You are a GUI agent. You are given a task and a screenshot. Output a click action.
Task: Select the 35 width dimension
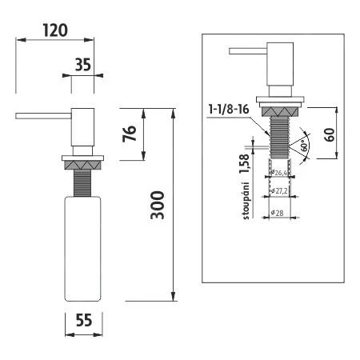[82, 66]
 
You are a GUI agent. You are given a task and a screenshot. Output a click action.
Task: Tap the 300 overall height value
[159, 206]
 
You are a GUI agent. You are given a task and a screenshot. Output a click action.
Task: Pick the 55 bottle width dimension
[84, 319]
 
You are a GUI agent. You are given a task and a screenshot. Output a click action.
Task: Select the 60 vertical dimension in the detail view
[329, 133]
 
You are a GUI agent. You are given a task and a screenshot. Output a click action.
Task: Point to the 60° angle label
[305, 146]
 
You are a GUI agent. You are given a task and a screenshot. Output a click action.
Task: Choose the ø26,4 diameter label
[280, 172]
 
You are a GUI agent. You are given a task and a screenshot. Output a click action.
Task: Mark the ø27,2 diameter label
[280, 191]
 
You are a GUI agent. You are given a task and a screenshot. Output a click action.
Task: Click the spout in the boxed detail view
[246, 51]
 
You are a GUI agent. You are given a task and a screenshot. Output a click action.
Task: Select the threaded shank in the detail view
[280, 139]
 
